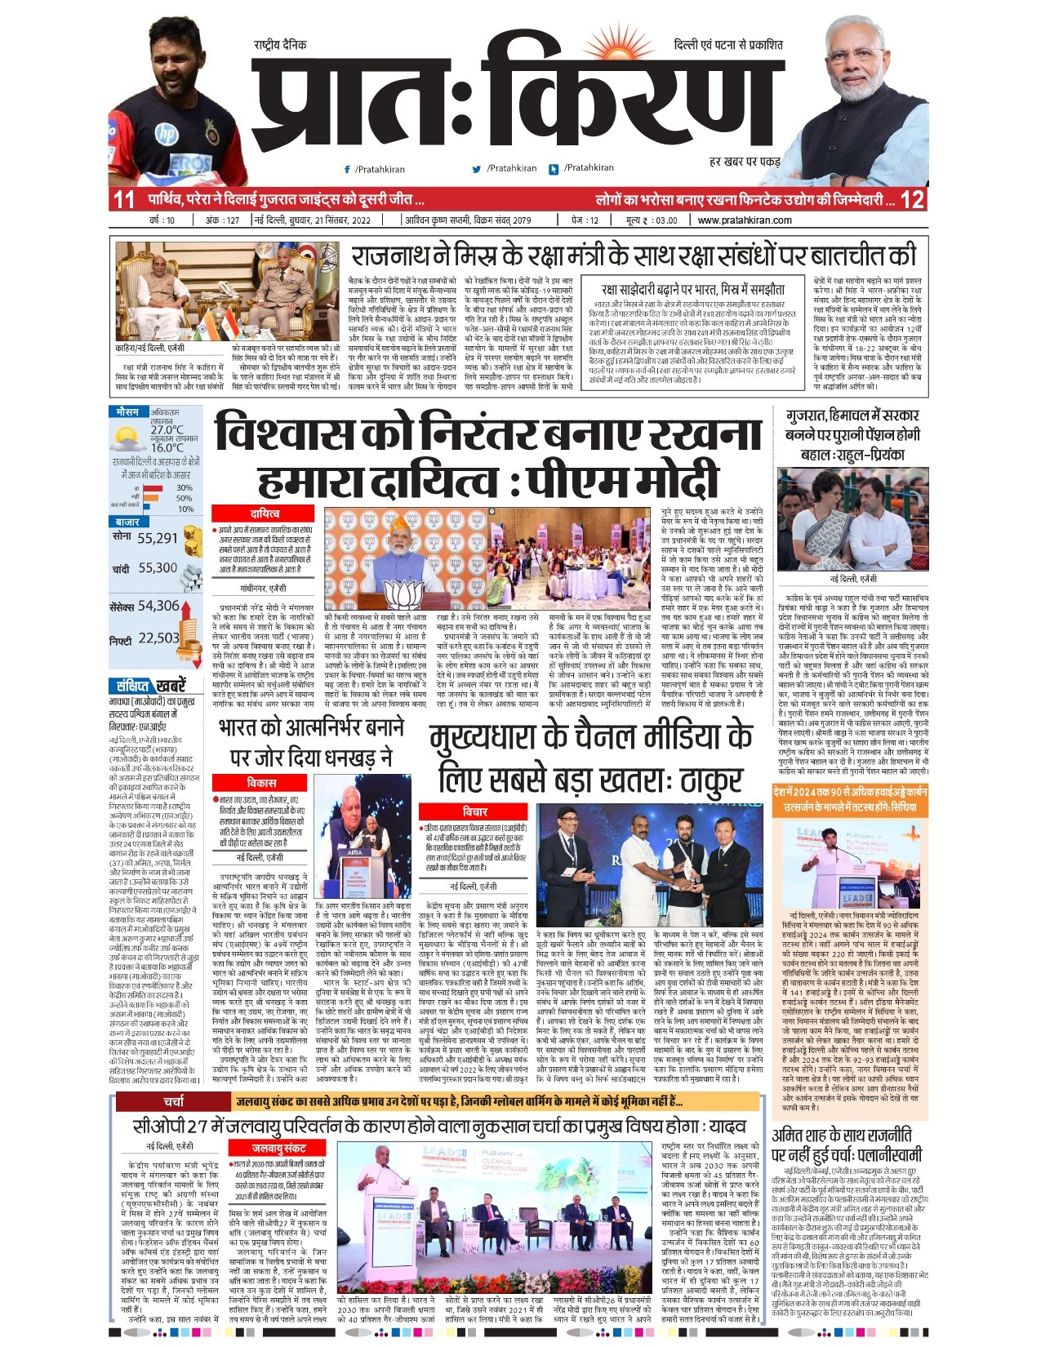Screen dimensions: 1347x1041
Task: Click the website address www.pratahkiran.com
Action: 745,220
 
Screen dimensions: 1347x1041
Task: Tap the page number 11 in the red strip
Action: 124,199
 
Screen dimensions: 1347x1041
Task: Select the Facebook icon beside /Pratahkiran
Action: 348,169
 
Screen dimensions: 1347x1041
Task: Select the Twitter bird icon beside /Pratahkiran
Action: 477,169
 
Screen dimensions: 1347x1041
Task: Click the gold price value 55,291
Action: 158,538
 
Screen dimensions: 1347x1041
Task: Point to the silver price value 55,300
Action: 157,568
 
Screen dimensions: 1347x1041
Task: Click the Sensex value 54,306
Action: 158,606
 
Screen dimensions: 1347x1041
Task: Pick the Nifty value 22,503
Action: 158,638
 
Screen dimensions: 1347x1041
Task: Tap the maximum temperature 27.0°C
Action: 167,430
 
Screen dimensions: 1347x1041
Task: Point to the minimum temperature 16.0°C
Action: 167,447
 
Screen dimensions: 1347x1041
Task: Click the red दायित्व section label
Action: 265,513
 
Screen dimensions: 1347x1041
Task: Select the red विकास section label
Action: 262,783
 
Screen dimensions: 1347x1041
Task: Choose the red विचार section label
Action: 475,812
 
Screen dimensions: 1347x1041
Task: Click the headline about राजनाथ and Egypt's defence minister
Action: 634,256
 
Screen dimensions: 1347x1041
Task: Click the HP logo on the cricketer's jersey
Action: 166,132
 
